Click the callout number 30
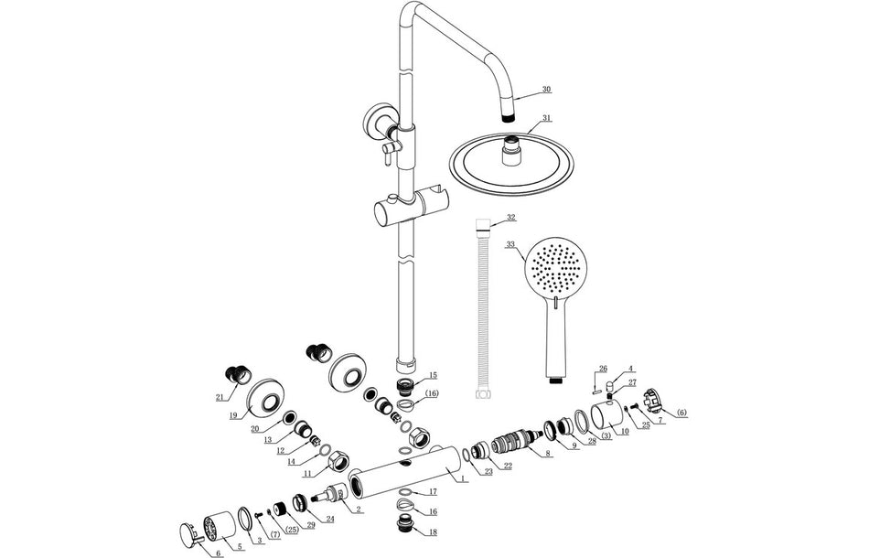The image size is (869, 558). (546, 89)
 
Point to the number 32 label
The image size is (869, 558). (511, 218)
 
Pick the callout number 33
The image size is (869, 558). (510, 244)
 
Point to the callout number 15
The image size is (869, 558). (433, 375)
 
